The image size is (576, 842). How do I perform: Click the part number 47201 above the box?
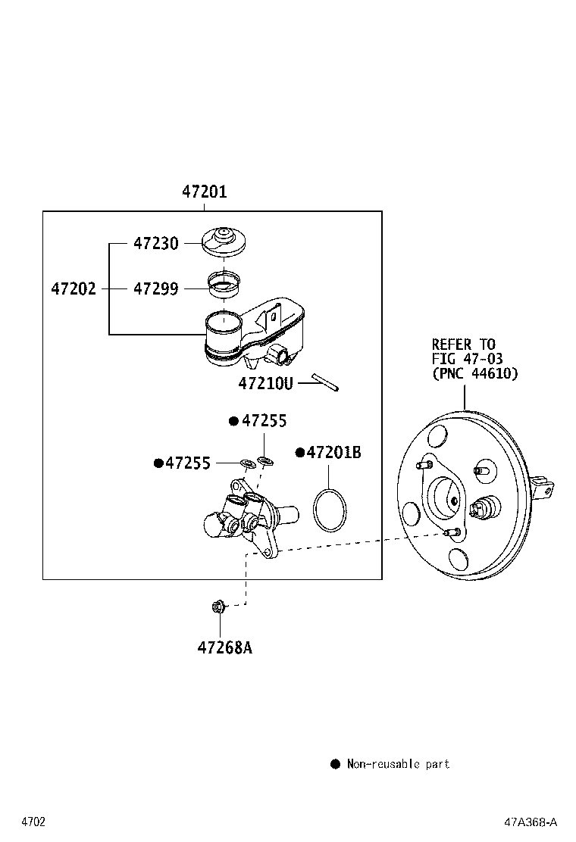point(204,192)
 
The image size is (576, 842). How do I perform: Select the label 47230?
point(156,243)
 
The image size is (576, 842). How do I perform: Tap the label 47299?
point(156,289)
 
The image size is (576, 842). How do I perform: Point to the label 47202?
point(74,289)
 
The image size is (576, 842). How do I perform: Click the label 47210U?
point(265,383)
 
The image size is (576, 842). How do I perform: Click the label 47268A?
point(224,647)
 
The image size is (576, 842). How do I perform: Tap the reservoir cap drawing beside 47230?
point(224,243)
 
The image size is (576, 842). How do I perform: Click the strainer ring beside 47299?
point(224,285)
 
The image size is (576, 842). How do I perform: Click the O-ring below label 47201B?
point(330,510)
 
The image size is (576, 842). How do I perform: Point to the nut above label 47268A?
point(219,607)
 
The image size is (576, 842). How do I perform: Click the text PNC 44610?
point(475,373)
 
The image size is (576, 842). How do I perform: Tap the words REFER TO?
point(464,345)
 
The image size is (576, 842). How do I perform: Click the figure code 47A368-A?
point(531,822)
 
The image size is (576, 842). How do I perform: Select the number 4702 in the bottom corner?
point(33,822)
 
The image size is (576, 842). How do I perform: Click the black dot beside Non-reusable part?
point(335,764)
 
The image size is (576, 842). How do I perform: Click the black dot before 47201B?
point(300,453)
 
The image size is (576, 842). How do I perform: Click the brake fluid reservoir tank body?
point(255,333)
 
